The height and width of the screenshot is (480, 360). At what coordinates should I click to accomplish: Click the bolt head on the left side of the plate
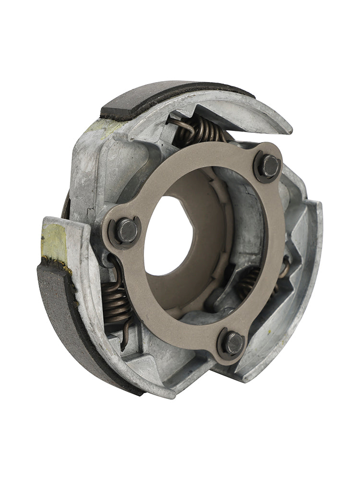point(127,231)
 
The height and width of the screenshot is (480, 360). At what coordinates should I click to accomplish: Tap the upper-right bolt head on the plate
point(269,166)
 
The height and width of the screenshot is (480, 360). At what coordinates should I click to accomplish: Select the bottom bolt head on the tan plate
point(234,343)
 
